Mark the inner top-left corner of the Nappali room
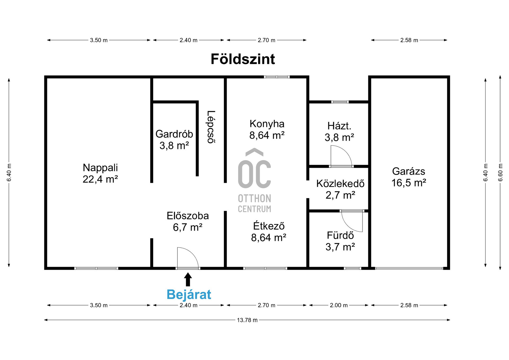coord(47,78)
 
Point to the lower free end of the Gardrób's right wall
coord(197,176)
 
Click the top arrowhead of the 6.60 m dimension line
coord(500,76)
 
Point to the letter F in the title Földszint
coord(215,59)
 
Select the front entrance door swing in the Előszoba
coord(188,258)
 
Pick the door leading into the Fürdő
coord(352,221)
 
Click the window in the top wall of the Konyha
coord(277,77)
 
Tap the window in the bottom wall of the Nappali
coord(96,268)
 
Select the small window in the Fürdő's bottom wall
coord(353,268)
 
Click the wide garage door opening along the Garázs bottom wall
coord(409,268)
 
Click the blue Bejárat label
coord(189,295)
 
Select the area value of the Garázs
coord(409,183)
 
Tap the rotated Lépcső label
coord(211,127)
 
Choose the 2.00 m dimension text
coord(339,305)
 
